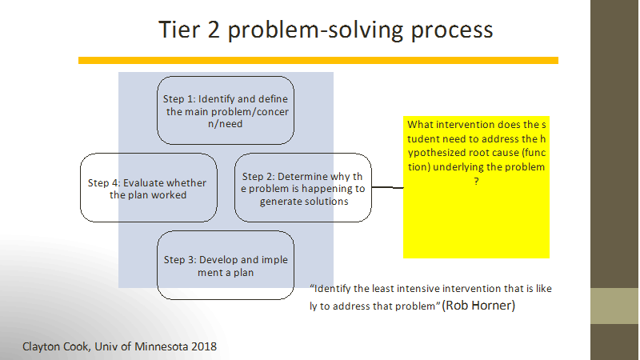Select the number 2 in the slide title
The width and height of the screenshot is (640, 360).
214,30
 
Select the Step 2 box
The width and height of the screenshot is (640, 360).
303,188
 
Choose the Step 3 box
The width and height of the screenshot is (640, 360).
226,266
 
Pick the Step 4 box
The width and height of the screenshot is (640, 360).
149,188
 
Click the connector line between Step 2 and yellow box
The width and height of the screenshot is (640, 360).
387,187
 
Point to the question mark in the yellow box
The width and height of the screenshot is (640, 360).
476,182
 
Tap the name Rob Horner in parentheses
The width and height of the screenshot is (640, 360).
478,306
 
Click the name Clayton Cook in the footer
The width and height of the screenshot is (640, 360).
55,347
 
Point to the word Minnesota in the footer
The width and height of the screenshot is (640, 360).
162,346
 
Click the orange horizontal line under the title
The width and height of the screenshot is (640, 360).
318,61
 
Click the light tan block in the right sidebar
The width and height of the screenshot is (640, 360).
614,306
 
